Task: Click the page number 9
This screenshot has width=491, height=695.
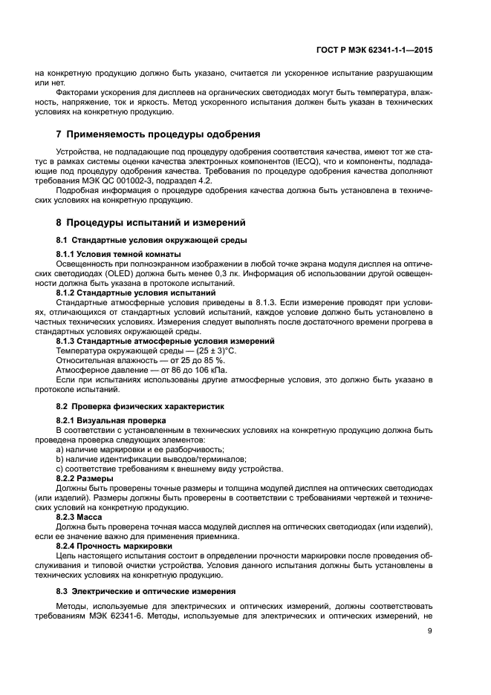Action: click(430, 631)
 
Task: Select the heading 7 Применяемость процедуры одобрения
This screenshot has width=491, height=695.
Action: click(158, 134)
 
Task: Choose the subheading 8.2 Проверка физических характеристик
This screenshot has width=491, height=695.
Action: click(140, 406)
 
